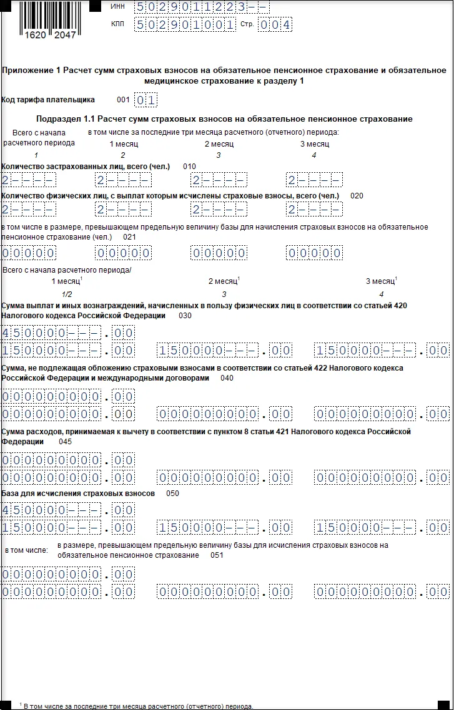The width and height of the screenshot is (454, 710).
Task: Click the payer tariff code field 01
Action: point(146,100)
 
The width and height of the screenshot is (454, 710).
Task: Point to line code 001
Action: point(123,100)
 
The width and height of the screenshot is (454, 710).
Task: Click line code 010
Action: point(189,167)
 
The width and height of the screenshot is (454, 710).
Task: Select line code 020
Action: point(357,196)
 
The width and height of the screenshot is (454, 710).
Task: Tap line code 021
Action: point(129,237)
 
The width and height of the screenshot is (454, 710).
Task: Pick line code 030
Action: point(185,316)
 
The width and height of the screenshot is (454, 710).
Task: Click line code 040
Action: point(227,378)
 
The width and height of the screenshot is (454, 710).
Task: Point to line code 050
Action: point(172,494)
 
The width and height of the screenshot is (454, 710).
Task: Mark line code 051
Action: point(217,555)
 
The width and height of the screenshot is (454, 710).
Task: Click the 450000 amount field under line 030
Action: point(67,333)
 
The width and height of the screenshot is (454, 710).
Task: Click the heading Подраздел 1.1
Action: point(224,119)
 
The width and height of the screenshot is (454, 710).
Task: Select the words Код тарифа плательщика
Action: point(48,100)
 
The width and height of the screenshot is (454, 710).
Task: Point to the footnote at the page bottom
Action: point(137,706)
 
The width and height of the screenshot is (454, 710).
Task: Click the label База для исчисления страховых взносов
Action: point(78,494)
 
